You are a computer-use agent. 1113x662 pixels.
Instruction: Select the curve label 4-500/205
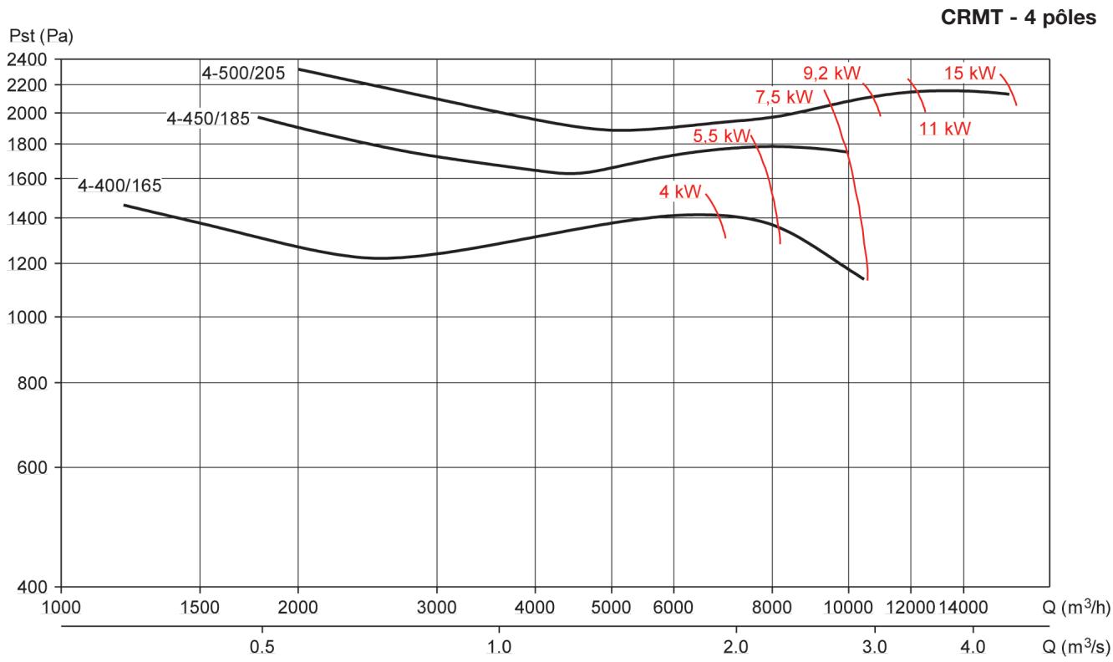(x=243, y=73)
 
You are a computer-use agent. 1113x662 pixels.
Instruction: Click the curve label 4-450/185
(x=208, y=119)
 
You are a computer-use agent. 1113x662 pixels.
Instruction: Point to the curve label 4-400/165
(x=119, y=186)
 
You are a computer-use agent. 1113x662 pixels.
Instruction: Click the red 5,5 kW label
(x=722, y=136)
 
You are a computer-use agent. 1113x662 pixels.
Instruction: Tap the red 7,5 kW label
(x=784, y=96)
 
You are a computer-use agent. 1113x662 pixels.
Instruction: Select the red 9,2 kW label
(x=831, y=71)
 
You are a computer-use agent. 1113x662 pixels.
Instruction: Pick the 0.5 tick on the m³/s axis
(x=262, y=647)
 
